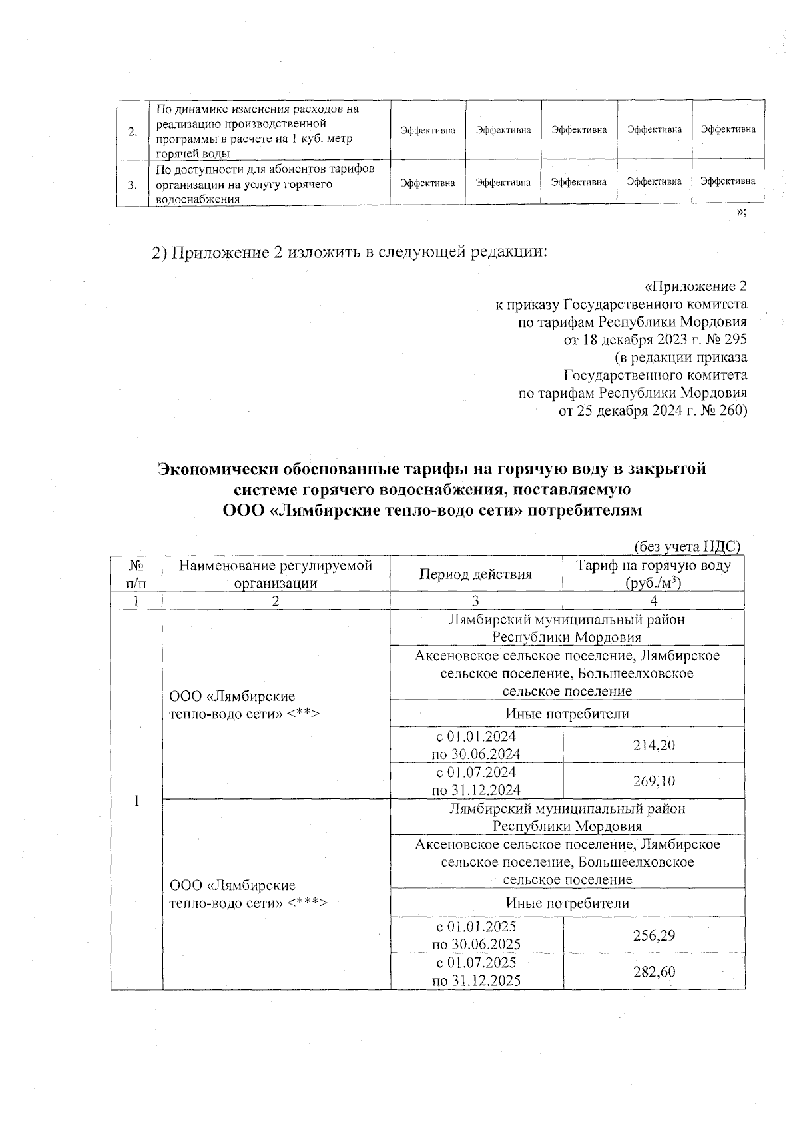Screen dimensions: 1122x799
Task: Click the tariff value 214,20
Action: [654, 744]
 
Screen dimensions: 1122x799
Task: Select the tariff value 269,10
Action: [654, 780]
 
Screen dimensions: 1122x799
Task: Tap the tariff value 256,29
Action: [654, 935]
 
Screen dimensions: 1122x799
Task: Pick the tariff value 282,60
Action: [654, 971]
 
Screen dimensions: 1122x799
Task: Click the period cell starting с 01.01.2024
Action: [476, 744]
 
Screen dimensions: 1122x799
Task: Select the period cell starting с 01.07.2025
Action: [476, 971]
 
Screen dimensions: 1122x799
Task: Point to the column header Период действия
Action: [475, 574]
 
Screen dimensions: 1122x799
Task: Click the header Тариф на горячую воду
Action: [653, 566]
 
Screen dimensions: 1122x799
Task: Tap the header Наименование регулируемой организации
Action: [276, 574]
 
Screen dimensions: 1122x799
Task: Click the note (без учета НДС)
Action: [686, 546]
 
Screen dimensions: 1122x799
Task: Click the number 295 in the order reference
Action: [734, 340]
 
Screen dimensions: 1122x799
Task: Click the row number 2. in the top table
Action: [133, 131]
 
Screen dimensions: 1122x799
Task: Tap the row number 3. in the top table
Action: [133, 184]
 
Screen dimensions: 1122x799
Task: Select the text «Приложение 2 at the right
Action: [696, 286]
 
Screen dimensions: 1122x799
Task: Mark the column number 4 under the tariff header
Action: [653, 600]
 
